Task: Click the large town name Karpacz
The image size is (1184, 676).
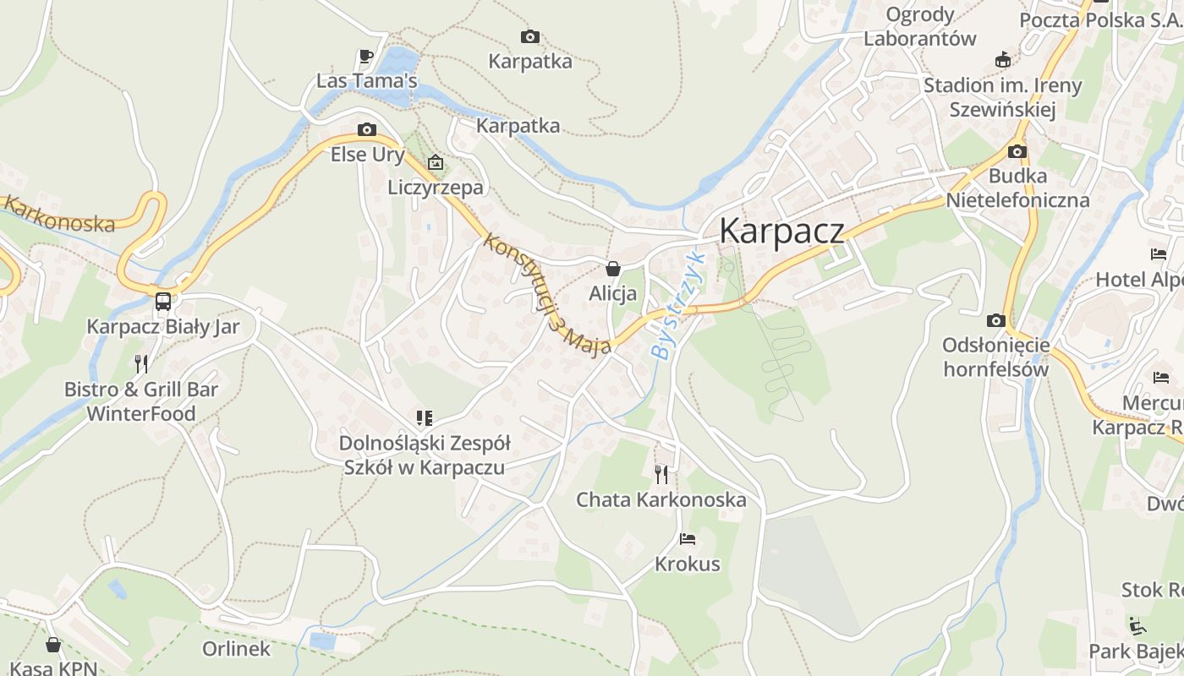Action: (781, 231)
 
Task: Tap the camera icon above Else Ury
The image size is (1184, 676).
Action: (366, 129)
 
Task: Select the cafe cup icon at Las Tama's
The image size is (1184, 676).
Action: (365, 57)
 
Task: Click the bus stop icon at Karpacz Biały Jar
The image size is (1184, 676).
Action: (162, 301)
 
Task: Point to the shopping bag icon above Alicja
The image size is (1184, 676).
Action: (612, 270)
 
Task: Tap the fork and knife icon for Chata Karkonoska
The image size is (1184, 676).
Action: (661, 474)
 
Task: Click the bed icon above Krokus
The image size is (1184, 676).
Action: (687, 538)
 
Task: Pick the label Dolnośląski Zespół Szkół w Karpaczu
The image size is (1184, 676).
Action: (424, 455)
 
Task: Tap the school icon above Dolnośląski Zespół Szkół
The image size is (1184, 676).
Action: (424, 417)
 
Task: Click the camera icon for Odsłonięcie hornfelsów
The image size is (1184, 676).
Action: (995, 320)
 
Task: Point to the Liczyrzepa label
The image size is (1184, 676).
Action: (436, 187)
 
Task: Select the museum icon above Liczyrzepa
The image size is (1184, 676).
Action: (435, 161)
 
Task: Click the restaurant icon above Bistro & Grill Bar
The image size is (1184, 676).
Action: (141, 364)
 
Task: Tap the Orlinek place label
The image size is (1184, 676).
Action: (236, 649)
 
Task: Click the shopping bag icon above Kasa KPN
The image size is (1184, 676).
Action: (53, 645)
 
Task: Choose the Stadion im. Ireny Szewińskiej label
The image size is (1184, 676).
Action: (1002, 97)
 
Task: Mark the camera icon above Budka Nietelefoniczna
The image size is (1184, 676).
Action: (1017, 152)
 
